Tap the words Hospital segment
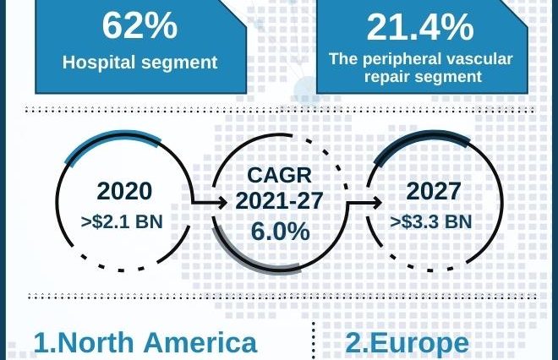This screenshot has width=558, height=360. (x=140, y=62)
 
